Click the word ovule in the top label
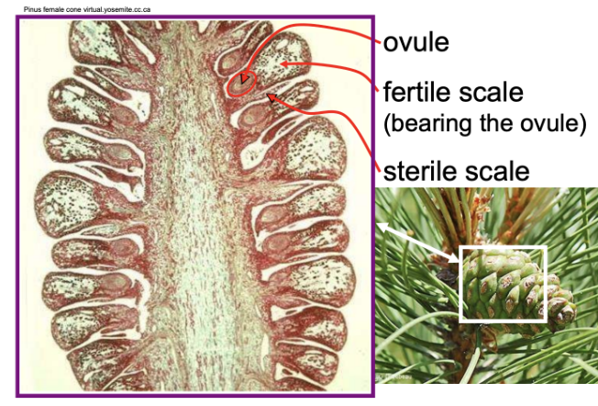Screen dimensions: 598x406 [415, 42]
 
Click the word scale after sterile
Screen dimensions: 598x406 [497, 171]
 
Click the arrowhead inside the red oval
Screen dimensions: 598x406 [244, 79]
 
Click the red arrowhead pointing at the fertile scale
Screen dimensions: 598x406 [285, 63]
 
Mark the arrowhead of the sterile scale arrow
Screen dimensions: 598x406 [271, 97]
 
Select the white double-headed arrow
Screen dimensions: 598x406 [418, 242]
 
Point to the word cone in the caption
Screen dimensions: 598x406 [73, 9]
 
